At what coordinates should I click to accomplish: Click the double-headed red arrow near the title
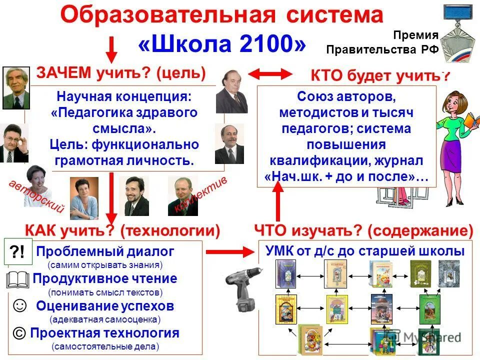270,74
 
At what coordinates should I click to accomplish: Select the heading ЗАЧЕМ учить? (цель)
121,73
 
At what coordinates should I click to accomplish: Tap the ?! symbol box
19,252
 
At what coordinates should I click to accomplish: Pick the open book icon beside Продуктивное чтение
19,278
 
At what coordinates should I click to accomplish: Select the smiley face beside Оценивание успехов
19,305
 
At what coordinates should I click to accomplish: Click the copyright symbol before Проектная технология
19,332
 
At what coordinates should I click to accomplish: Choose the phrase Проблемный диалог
105,251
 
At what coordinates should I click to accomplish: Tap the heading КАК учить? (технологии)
122,230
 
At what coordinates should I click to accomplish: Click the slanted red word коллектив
200,195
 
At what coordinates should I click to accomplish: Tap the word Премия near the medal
415,35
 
